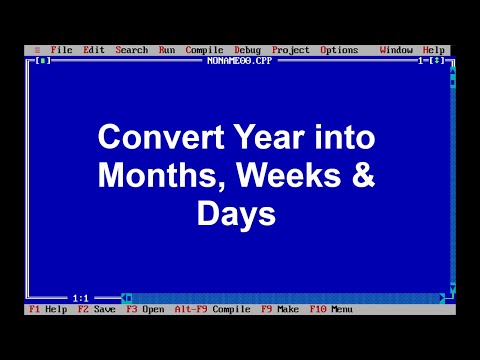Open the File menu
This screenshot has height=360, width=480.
[x=61, y=50]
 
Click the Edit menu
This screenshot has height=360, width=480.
[x=94, y=50]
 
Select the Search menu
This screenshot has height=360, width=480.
[x=131, y=50]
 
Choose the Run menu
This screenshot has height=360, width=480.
[x=167, y=50]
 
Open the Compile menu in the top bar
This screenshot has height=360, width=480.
[x=204, y=50]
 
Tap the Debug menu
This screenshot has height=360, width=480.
[x=247, y=50]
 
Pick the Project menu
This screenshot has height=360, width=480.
[x=290, y=50]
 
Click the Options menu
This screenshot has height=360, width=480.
[x=339, y=50]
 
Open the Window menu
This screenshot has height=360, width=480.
[x=396, y=50]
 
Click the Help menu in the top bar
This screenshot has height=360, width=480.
[x=434, y=50]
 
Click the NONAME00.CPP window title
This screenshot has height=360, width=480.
[x=240, y=60]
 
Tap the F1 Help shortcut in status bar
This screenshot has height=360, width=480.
[x=48, y=309]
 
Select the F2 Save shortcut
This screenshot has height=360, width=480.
[x=97, y=309]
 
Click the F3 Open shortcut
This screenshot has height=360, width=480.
[x=145, y=309]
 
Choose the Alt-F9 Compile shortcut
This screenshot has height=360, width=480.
[x=211, y=309]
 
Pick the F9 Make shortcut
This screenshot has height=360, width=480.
[x=280, y=309]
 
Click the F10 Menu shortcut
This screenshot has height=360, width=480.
[x=331, y=309]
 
